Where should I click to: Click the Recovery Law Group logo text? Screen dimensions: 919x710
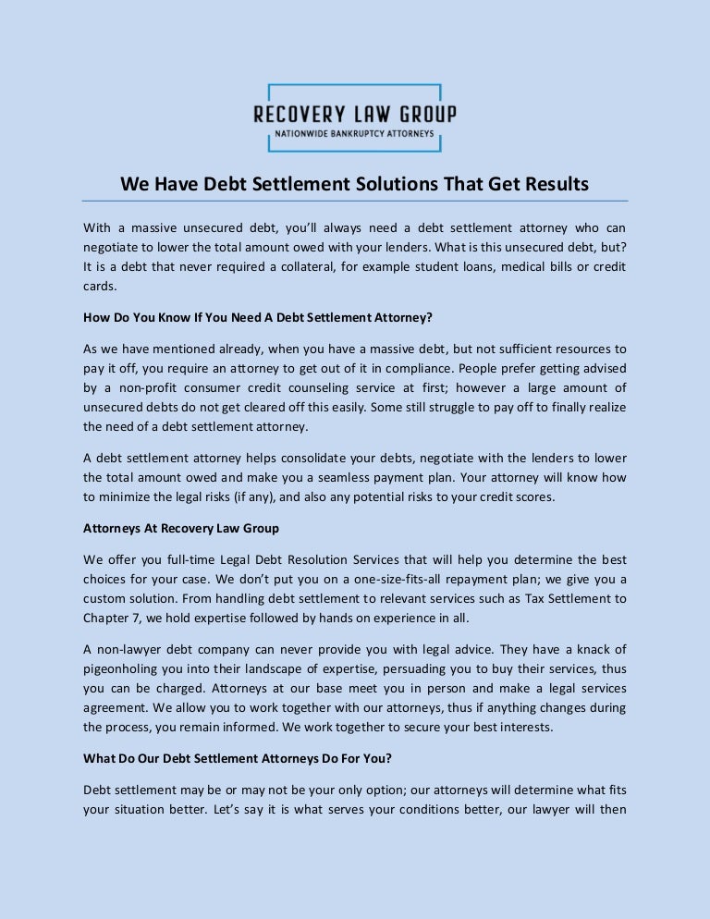point(355,115)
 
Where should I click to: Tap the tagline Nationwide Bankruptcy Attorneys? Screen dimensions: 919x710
point(355,133)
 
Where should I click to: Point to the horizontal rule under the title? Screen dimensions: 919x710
point(355,201)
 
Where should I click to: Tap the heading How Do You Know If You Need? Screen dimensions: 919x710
point(258,317)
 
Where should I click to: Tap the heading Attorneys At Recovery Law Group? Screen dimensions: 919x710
point(181,529)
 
